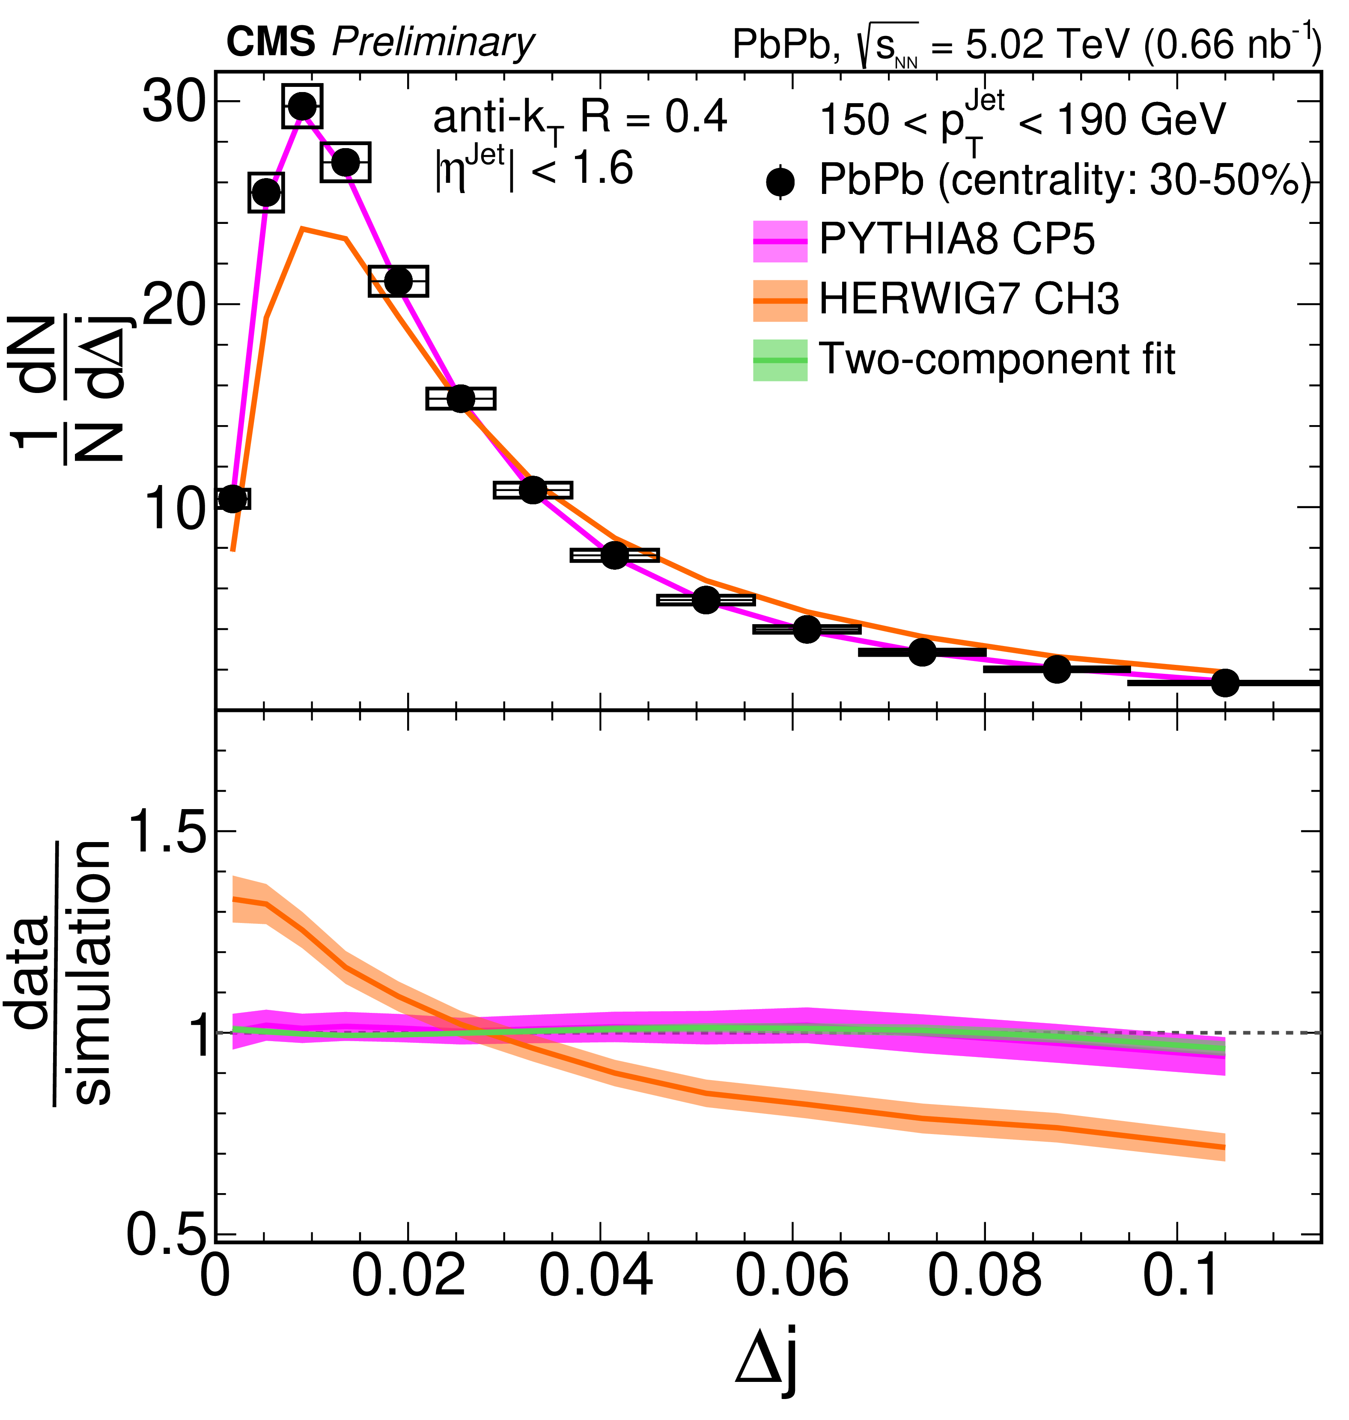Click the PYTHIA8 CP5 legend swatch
[x=780, y=241]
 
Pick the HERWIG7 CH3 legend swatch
[x=780, y=301]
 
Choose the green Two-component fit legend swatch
[x=780, y=360]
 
